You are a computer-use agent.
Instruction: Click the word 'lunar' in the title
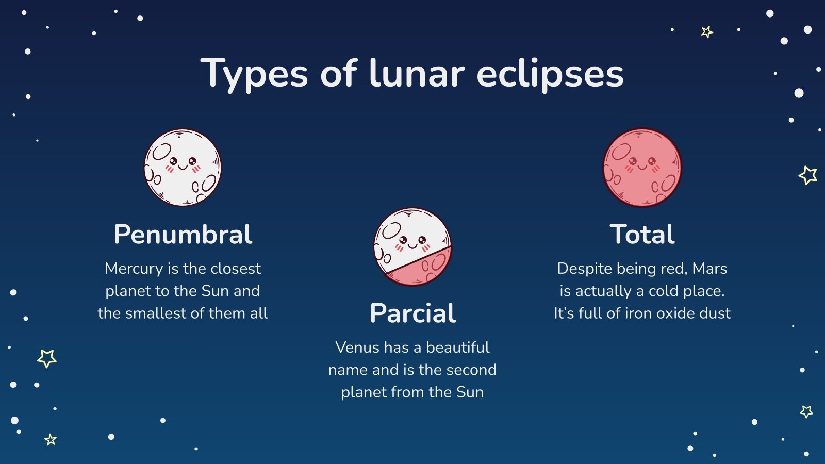click(417, 73)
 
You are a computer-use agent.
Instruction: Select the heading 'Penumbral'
click(183, 235)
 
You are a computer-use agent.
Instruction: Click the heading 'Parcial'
click(412, 313)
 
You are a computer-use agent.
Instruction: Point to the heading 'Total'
click(642, 235)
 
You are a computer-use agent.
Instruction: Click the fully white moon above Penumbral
click(183, 168)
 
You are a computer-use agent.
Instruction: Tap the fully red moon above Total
click(642, 168)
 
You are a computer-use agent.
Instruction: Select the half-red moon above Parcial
click(412, 246)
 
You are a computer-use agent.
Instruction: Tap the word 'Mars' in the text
click(709, 269)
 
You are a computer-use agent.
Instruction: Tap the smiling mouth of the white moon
click(183, 167)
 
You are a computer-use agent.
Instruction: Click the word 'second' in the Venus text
click(471, 370)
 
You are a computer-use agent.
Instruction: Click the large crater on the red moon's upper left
click(621, 151)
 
